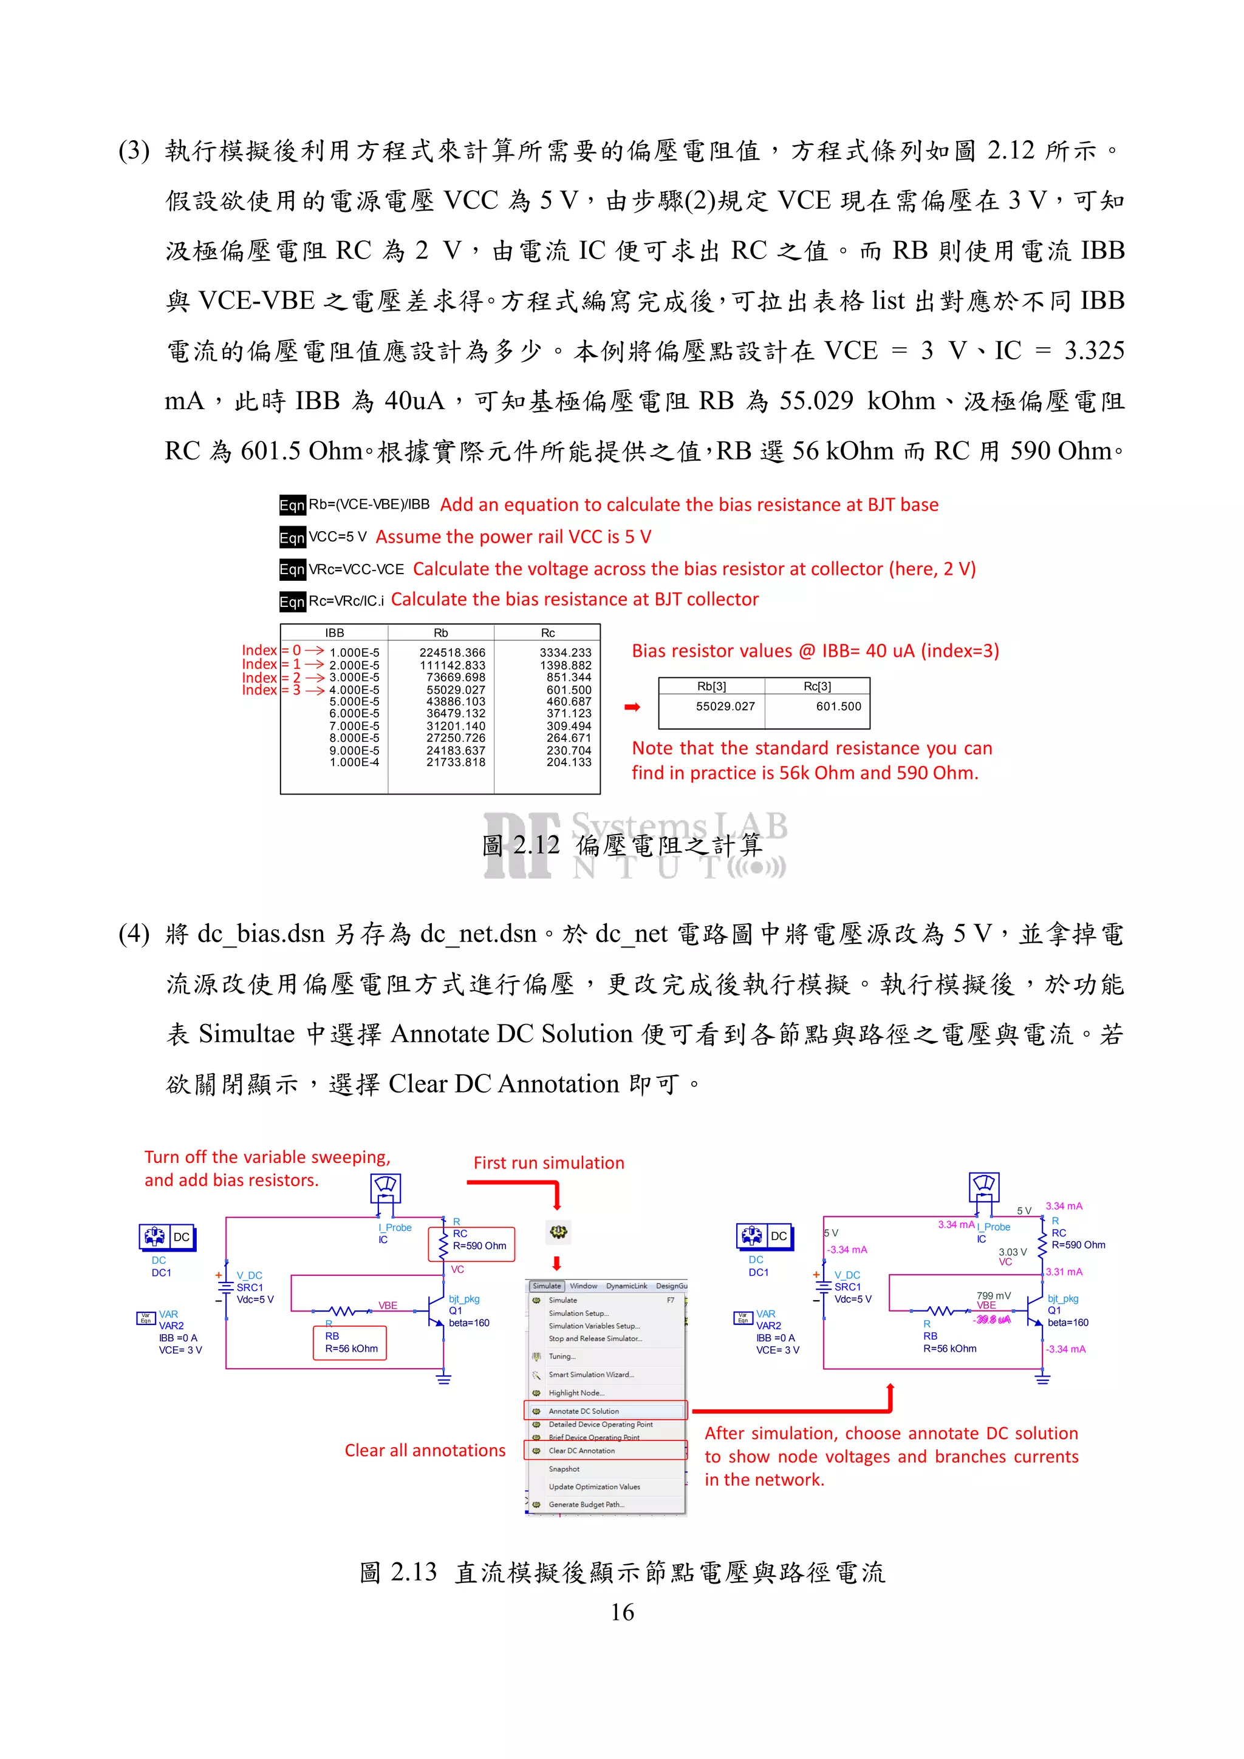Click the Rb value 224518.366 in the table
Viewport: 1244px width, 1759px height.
452,652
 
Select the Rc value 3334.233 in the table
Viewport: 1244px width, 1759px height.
566,652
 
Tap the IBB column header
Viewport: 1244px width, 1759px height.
335,633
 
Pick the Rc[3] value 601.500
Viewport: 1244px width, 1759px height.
838,707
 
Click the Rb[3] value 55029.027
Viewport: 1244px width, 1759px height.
725,707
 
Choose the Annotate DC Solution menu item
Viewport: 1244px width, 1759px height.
583,1411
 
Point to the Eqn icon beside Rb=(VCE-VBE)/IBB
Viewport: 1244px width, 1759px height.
292,505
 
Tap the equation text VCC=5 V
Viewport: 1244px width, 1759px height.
337,537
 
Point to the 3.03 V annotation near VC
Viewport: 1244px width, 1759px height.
1012,1252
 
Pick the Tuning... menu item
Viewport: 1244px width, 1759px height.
562,1357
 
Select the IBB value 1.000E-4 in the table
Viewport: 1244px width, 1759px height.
354,763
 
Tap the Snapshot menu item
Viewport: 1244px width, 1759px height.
564,1469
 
